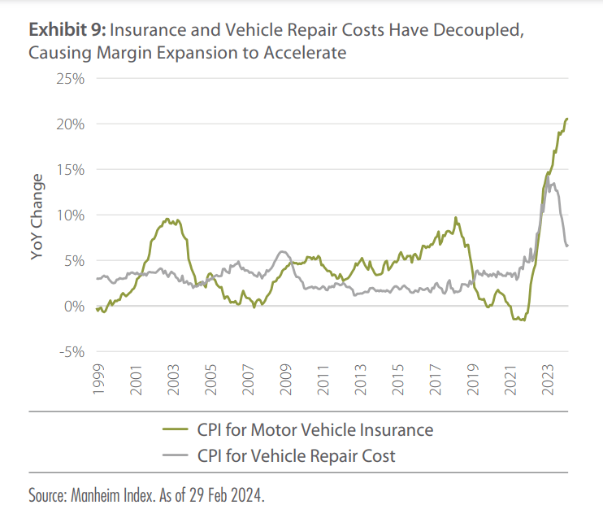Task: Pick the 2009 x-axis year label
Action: point(285,380)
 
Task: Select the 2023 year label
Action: point(548,380)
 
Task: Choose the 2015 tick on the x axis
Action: point(398,380)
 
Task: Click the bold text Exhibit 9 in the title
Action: point(67,31)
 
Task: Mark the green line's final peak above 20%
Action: point(567,119)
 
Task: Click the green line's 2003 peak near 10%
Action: point(167,218)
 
